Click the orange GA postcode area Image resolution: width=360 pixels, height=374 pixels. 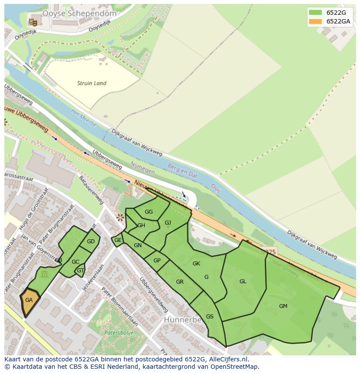[x=30, y=300]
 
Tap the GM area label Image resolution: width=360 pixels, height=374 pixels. [x=283, y=306]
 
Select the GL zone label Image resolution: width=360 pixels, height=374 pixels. [x=243, y=281]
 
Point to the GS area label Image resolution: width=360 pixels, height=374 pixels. [x=210, y=317]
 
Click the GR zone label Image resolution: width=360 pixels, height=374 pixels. [x=180, y=282]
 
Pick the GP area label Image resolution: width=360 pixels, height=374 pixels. [x=157, y=261]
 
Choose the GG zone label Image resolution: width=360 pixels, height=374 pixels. [x=149, y=212]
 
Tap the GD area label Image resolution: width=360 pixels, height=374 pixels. [x=90, y=242]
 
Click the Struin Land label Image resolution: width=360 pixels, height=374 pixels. [x=92, y=83]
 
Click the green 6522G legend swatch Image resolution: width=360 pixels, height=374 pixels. [x=315, y=12]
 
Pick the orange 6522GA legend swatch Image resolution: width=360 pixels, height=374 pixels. [x=315, y=21]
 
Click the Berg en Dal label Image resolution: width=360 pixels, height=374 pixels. [x=182, y=171]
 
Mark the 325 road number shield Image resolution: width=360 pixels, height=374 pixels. [x=269, y=252]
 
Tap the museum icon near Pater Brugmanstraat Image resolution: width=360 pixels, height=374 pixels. [x=44, y=275]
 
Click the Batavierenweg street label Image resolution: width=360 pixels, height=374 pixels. [x=92, y=190]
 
